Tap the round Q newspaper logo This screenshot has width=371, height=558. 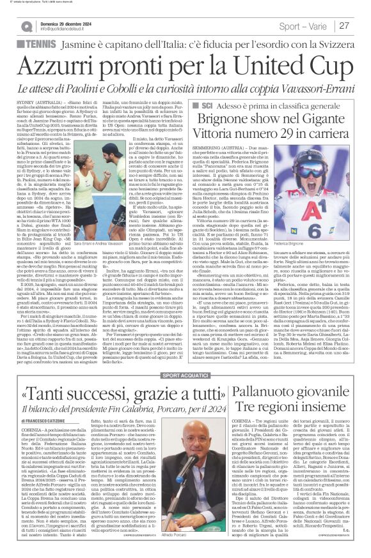pos(27,26)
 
